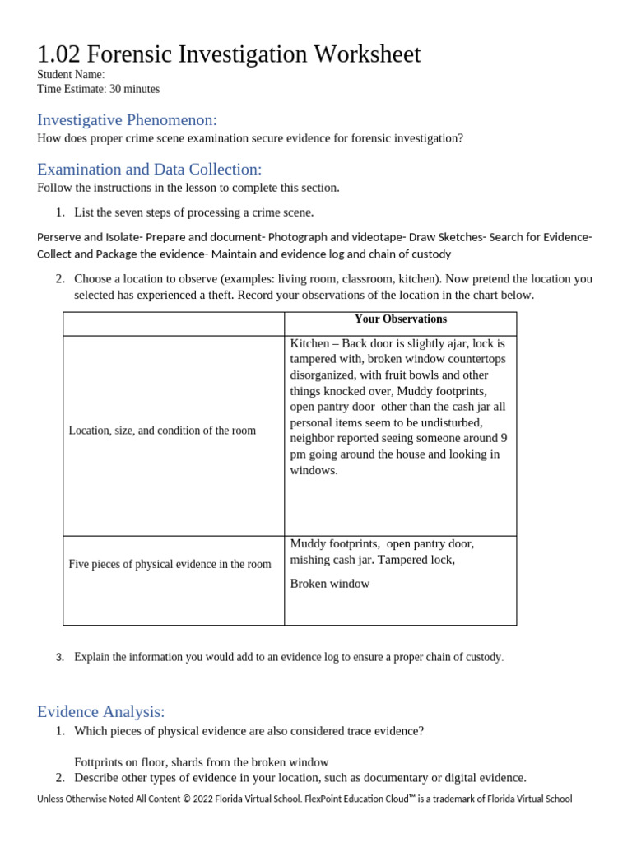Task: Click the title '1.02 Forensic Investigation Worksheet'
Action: [x=229, y=54]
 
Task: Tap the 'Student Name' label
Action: [x=70, y=75]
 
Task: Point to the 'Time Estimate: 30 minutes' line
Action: [x=98, y=89]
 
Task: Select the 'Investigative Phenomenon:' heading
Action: [x=127, y=120]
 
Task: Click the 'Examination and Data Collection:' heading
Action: [x=149, y=170]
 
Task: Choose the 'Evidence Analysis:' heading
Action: [x=100, y=711]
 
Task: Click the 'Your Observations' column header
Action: [x=400, y=319]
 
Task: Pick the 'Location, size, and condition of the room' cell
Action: [x=162, y=431]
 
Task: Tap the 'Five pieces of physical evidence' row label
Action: [x=170, y=564]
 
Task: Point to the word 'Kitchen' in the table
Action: [x=309, y=343]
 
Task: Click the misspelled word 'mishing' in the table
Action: [x=310, y=560]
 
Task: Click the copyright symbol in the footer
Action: [x=187, y=799]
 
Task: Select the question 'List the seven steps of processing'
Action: [x=193, y=212]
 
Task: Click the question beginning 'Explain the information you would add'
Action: [x=288, y=657]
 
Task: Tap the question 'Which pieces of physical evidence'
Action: [x=249, y=731]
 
